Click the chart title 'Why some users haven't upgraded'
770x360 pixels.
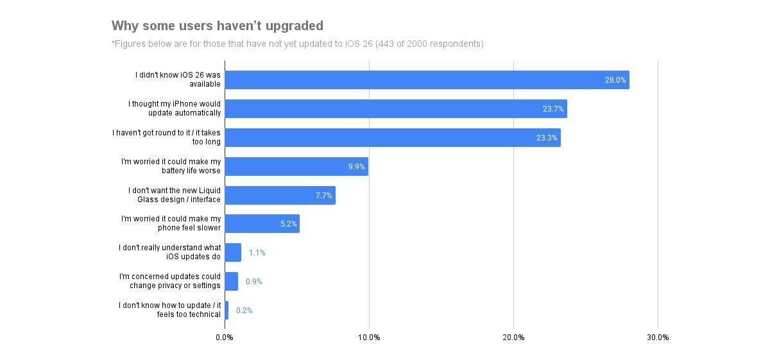click(217, 26)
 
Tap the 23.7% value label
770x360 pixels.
click(553, 109)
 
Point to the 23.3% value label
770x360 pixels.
click(547, 138)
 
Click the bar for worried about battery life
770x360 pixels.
click(296, 167)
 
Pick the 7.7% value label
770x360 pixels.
click(323, 196)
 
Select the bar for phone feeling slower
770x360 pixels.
click(262, 224)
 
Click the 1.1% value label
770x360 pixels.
click(257, 253)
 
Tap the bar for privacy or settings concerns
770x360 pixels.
click(231, 282)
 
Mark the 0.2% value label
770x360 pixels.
click(244, 311)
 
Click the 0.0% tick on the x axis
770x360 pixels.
click(225, 338)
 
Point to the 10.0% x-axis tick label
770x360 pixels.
click(369, 338)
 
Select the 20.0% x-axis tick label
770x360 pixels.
click(513, 338)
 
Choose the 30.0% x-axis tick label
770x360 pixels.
click(658, 338)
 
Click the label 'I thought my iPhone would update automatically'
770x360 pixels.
click(175, 108)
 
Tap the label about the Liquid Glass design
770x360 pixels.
click(175, 195)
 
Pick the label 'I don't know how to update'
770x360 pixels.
click(170, 310)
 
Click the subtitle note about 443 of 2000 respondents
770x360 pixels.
click(297, 44)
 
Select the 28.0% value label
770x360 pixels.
click(615, 80)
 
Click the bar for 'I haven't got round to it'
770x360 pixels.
click(392, 138)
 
